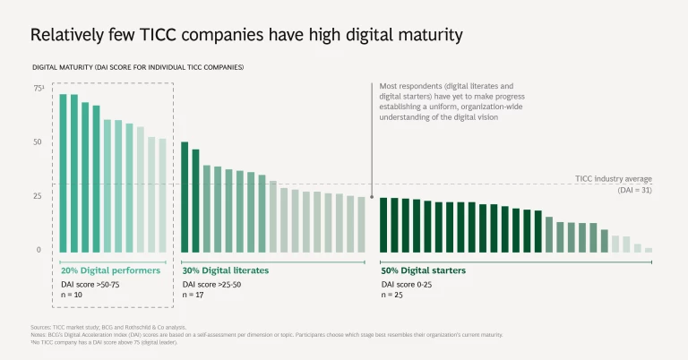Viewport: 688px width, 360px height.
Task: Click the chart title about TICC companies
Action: coord(246,35)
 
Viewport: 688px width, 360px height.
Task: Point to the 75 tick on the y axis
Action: coord(39,89)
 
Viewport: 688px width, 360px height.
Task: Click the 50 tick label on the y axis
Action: coord(38,142)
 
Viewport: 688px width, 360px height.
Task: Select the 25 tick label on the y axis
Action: coord(38,196)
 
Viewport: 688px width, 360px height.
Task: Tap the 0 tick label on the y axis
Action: coord(39,250)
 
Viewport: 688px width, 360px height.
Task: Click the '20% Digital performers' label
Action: coord(111,270)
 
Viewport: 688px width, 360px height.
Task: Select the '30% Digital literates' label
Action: coord(225,270)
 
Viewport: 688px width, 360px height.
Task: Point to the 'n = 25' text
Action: coord(394,294)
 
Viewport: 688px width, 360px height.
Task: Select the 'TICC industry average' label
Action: coord(613,178)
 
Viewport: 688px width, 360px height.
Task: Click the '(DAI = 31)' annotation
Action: coord(634,190)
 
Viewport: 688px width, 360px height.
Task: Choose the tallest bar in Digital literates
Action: coord(185,197)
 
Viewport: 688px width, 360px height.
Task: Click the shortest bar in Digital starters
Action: coord(649,250)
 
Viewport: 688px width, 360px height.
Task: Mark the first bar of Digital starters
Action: coord(383,225)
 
